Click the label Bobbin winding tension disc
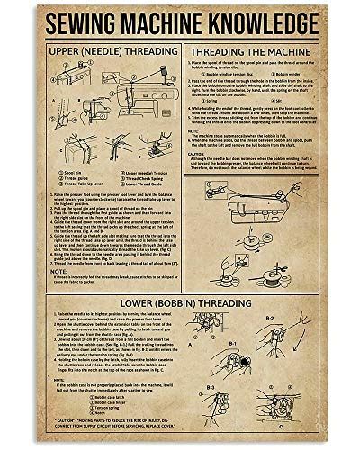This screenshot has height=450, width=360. point(233,75)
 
